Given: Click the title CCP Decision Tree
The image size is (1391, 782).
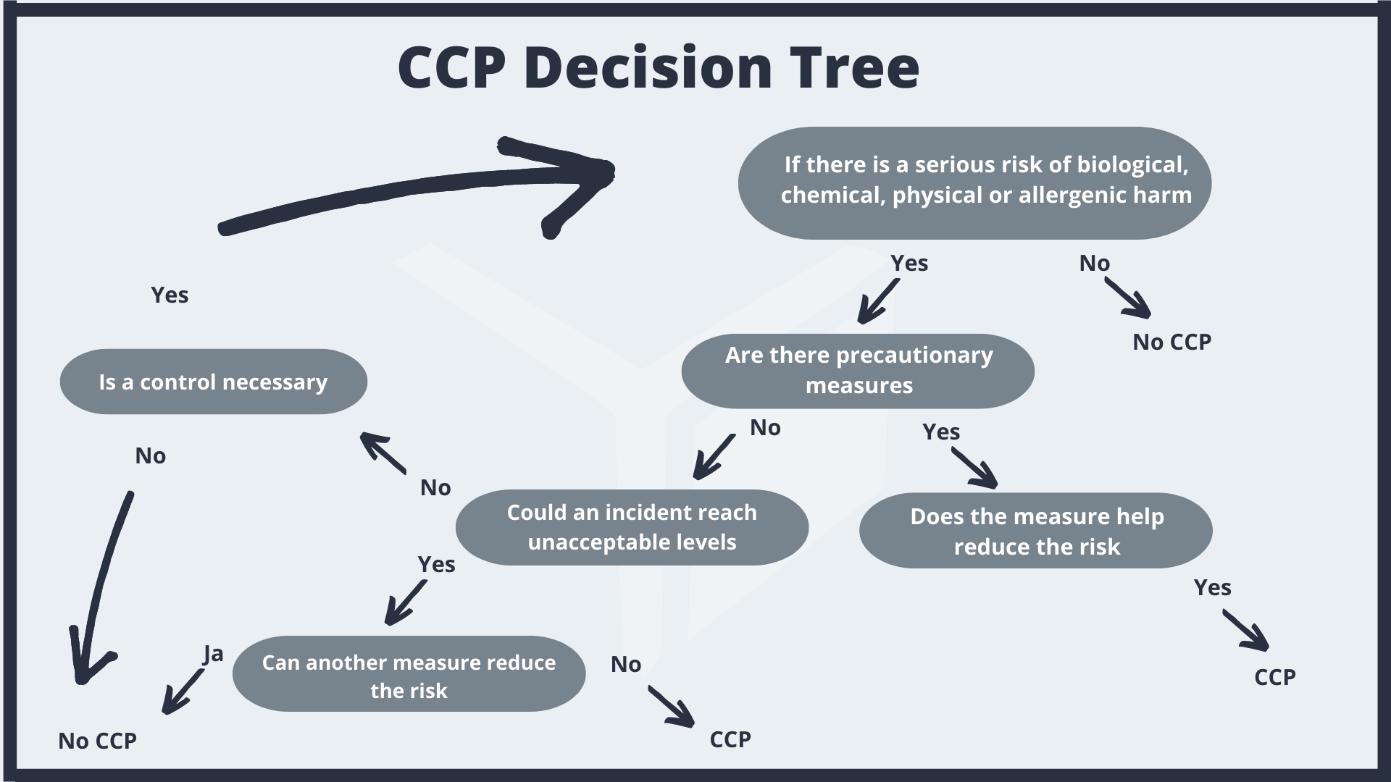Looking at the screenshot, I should (x=658, y=67).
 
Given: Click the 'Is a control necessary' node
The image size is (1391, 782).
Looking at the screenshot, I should (x=213, y=382).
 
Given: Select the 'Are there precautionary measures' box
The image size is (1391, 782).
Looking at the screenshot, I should (x=858, y=371).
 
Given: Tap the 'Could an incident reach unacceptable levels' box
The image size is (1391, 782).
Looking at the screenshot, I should (x=632, y=527).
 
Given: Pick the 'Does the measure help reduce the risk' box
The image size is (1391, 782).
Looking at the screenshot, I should (x=1036, y=531).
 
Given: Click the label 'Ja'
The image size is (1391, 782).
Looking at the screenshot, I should (x=213, y=654).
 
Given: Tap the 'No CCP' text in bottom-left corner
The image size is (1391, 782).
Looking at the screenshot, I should (x=97, y=741).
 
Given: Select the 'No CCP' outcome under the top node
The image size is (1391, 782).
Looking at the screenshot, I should (x=1171, y=342).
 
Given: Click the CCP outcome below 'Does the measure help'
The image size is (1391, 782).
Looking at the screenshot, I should (x=1274, y=677).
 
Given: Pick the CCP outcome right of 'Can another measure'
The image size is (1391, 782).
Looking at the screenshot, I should (x=730, y=739).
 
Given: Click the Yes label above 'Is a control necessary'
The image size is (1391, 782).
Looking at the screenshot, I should (x=170, y=295).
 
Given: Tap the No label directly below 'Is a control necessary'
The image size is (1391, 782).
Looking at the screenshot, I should (x=150, y=455).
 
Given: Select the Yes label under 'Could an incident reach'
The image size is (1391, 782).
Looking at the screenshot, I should (x=436, y=564).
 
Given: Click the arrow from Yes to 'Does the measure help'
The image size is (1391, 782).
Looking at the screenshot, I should (x=974, y=468).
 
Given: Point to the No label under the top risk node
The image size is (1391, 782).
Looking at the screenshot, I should (x=1094, y=263).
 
